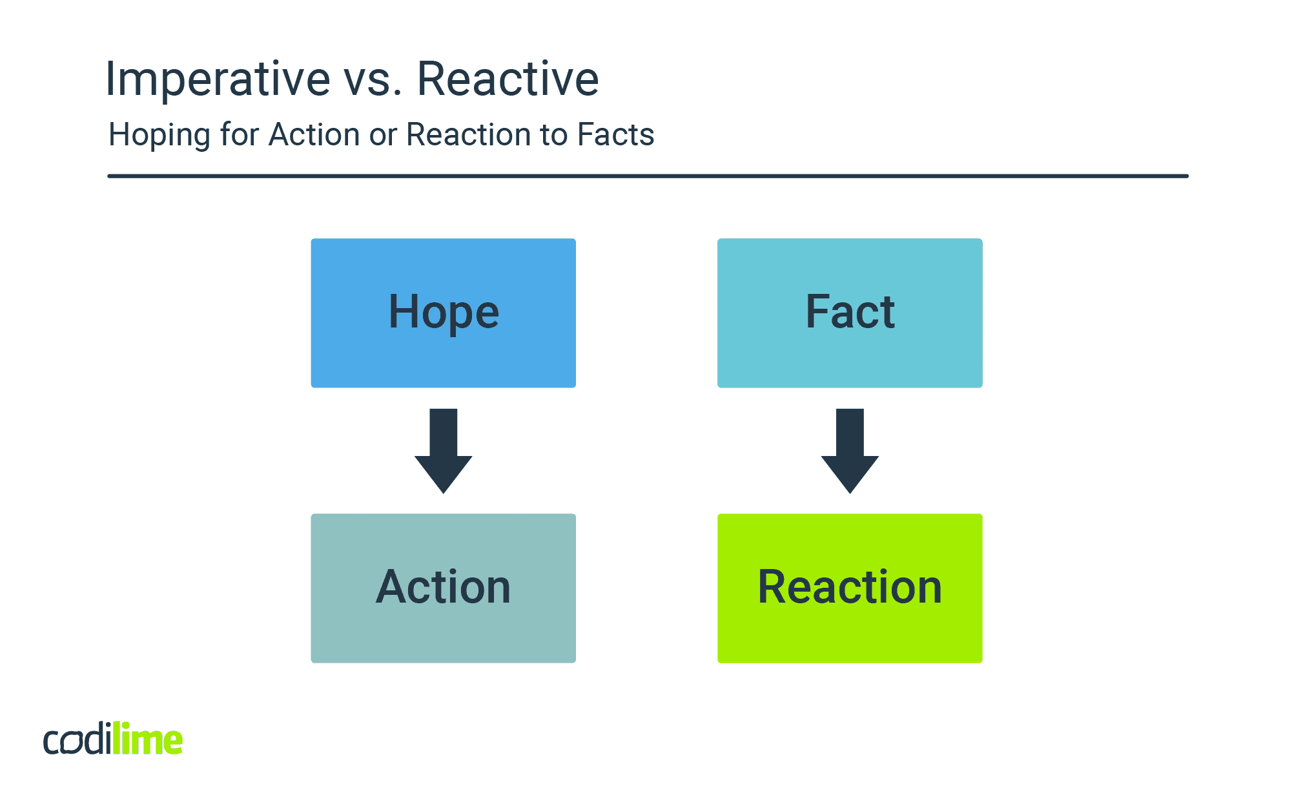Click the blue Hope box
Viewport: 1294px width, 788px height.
[443, 313]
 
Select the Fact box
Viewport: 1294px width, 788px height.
[850, 313]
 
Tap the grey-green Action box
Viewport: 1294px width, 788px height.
[443, 588]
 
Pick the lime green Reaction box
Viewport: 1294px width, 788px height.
[850, 588]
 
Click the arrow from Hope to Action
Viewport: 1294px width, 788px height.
[443, 451]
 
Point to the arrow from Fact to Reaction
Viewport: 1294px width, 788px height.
[850, 451]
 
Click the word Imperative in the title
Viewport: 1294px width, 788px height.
[218, 79]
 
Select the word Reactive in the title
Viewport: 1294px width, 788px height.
[508, 79]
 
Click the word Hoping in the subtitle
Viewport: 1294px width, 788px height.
[159, 136]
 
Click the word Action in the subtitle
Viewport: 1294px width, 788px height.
[314, 135]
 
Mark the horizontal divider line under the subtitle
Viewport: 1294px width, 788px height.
[647, 176]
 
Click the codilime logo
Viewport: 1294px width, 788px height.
[113, 739]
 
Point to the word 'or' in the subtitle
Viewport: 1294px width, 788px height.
[382, 136]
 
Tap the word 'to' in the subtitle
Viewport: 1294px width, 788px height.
[553, 135]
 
